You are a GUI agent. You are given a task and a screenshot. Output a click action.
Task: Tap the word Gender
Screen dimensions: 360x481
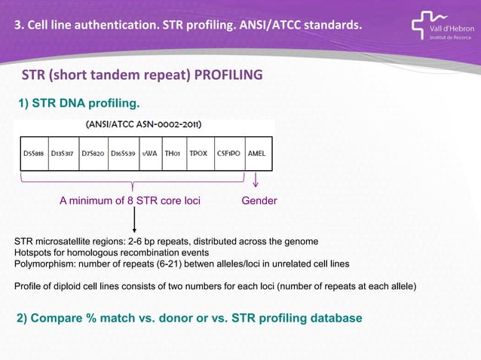tap(259, 201)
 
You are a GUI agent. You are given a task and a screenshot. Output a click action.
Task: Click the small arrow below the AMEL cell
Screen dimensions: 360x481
tap(256, 181)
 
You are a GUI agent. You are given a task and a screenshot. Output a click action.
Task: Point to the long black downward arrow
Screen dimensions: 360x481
tap(134, 220)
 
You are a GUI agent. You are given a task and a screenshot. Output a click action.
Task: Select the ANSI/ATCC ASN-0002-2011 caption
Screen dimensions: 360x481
tap(143, 125)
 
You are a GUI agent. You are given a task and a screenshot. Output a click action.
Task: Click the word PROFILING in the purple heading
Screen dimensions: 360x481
tap(228, 75)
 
